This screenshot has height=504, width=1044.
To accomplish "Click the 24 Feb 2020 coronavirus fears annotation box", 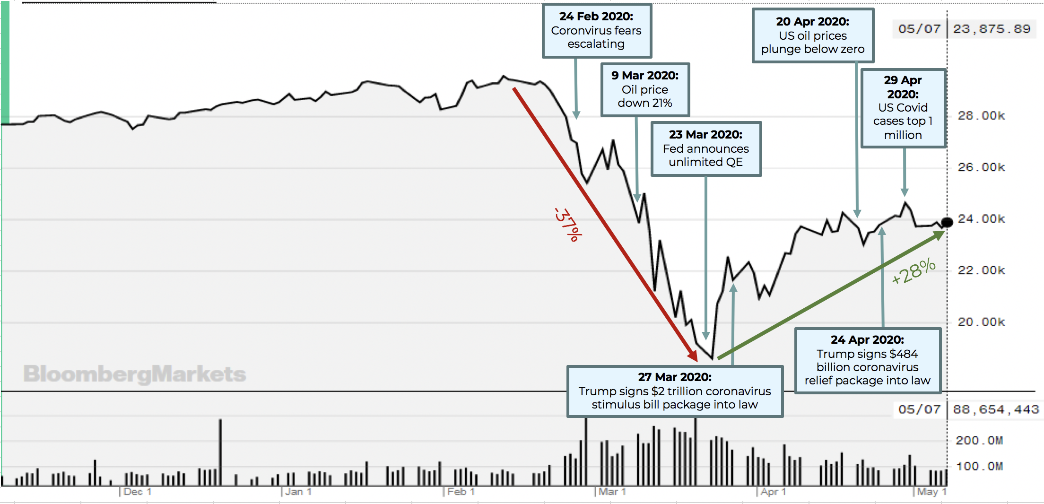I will [596, 30].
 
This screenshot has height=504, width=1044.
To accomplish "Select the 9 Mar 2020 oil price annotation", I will [645, 89].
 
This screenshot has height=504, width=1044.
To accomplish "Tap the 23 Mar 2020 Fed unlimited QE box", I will [705, 148].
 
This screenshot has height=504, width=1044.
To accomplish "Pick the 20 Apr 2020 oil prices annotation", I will [812, 35].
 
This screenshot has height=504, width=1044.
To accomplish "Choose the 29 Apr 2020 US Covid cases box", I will [903, 108].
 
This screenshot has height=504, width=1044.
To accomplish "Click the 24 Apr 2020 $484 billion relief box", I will [867, 360].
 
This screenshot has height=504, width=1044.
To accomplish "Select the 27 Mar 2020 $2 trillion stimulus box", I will [674, 391].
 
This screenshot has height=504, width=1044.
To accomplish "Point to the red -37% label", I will [568, 225].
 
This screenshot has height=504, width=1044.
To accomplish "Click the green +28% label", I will [913, 271].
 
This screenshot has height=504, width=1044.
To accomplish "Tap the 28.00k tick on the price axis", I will [981, 116].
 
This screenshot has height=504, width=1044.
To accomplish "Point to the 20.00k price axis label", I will [981, 322].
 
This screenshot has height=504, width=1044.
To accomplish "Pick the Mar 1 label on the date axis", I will [612, 492].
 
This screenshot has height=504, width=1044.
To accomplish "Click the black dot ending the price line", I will [947, 222].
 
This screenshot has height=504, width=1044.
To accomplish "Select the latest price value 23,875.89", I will [992, 29].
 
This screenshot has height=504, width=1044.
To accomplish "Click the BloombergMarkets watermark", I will [135, 374].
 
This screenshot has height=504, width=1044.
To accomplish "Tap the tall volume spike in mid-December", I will [220, 452].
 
